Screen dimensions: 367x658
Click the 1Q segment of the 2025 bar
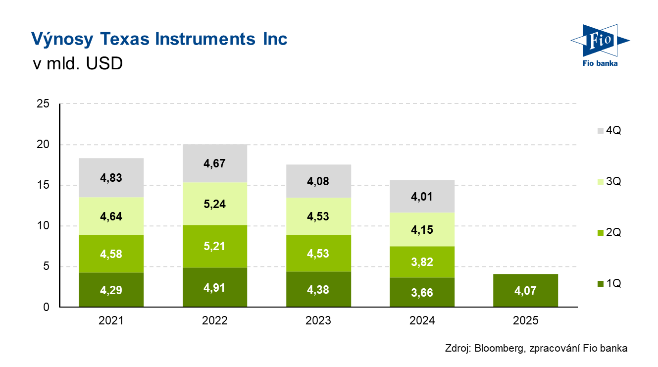[526, 290]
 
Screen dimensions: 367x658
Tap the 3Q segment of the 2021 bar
[111, 216]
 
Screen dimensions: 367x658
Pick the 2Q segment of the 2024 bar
[422, 262]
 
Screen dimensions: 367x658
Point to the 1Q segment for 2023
[318, 289]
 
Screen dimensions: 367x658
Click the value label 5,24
[215, 204]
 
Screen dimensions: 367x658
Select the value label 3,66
[422, 293]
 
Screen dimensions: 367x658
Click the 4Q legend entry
[609, 131]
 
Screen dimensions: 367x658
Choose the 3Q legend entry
[609, 182]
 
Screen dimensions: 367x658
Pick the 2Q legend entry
[609, 233]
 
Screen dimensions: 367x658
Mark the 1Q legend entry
[609, 284]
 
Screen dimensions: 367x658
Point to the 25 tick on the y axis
[44, 104]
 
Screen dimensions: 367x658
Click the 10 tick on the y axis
[44, 226]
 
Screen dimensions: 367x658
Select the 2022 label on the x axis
[215, 320]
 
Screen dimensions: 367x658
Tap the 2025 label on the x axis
[526, 320]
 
